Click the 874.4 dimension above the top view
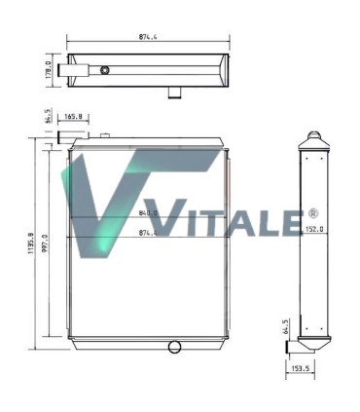(x=148, y=38)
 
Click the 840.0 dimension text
(x=148, y=214)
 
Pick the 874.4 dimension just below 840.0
(x=148, y=233)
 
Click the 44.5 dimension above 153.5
(x=286, y=325)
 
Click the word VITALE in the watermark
(x=229, y=221)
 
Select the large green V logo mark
(x=107, y=200)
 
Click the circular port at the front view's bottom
(x=175, y=347)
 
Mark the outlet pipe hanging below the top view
(x=176, y=93)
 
